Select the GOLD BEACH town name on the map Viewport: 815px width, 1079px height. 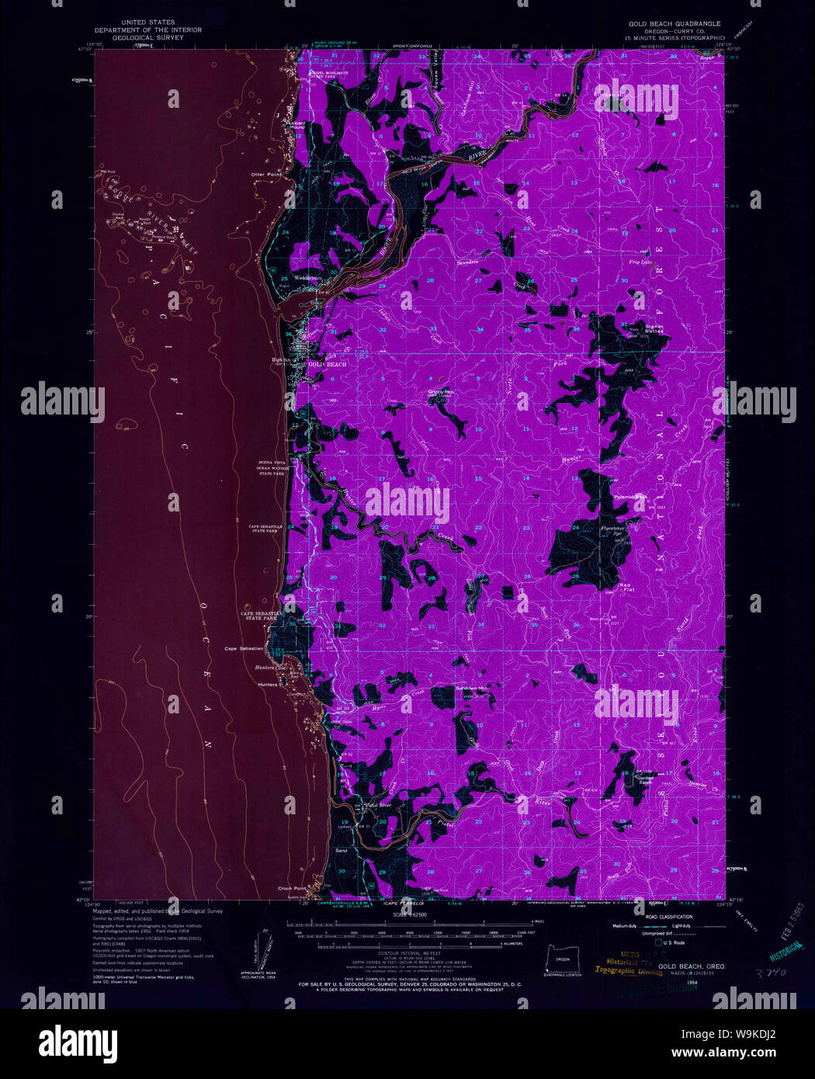[327, 364]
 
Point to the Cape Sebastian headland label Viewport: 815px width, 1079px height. [244, 648]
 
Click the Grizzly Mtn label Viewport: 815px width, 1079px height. [441, 392]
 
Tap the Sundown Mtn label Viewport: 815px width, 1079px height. [472, 689]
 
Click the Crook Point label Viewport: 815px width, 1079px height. [292, 888]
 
